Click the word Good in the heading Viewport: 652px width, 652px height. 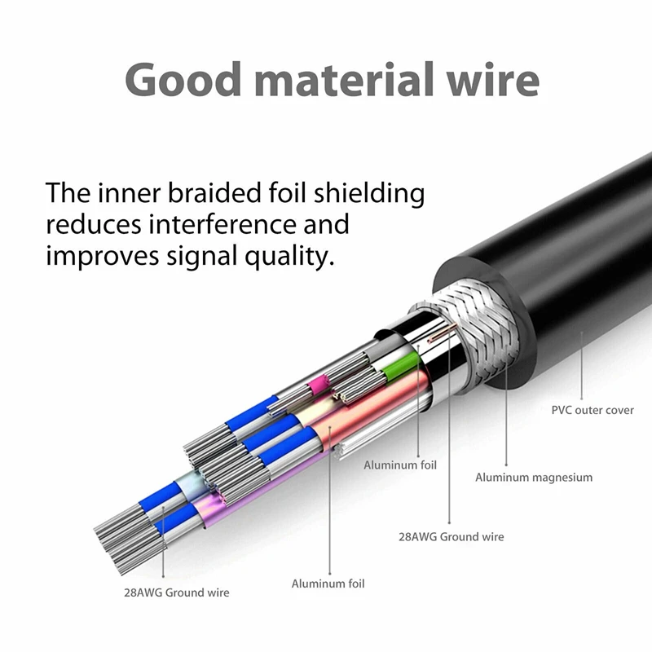181,80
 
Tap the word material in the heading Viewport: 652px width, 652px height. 349,80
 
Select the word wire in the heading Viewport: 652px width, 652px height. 498,80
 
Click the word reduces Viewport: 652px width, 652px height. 86,224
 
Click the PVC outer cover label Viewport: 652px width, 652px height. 593,410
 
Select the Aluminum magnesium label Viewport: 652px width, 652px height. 534,478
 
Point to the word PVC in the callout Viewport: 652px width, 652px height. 562,410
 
